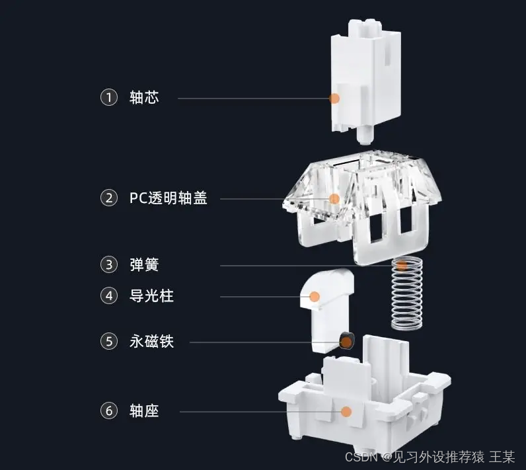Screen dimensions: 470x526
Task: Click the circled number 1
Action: (108, 98)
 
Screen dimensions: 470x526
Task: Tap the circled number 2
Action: (108, 197)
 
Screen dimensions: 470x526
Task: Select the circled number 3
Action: (108, 265)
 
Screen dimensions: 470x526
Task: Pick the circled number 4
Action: (108, 295)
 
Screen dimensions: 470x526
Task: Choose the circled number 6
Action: (108, 411)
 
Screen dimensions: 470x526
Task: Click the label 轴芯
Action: (144, 98)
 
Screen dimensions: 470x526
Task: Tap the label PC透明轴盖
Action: (169, 197)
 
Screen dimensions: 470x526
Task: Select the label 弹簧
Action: (144, 265)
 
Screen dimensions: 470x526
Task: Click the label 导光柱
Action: (151, 295)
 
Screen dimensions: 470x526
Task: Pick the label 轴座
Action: (144, 411)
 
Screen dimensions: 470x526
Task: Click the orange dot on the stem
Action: (334, 98)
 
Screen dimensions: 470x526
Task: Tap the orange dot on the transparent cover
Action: (334, 198)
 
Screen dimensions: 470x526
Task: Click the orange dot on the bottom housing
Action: (345, 411)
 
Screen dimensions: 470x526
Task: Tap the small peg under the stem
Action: (362, 135)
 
